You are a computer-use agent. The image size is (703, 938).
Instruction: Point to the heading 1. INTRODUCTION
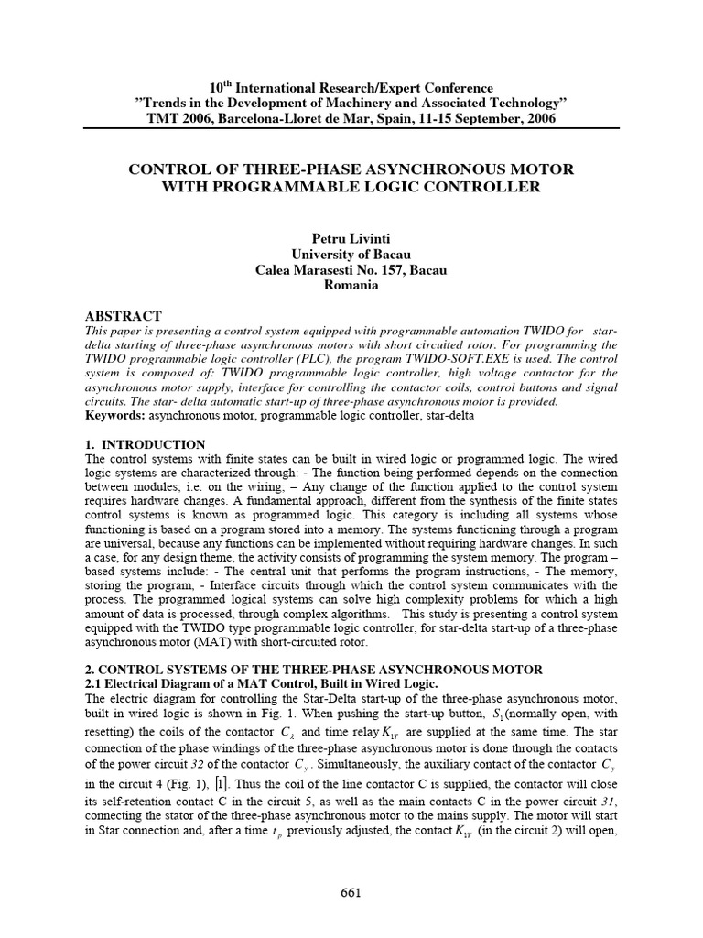click(x=144, y=443)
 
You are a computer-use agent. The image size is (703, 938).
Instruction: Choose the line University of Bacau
click(x=351, y=254)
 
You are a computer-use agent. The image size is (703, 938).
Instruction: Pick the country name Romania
click(x=351, y=286)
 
